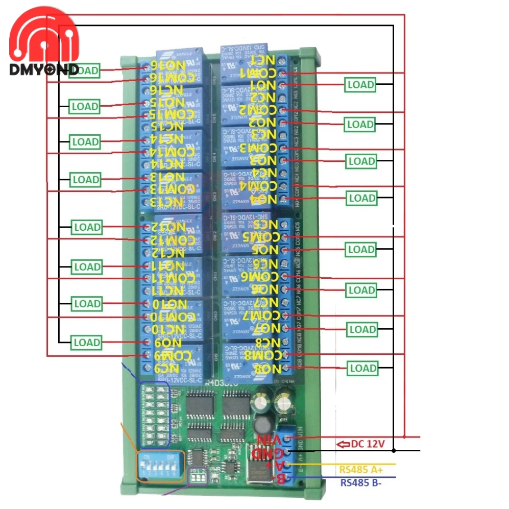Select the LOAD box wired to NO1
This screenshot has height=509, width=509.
click(360, 84)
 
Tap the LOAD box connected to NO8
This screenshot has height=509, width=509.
click(362, 368)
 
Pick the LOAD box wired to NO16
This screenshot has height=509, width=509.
click(85, 70)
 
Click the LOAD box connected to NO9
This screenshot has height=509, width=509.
click(86, 342)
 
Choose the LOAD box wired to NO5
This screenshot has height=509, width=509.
click(361, 250)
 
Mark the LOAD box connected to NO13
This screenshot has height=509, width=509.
click(85, 180)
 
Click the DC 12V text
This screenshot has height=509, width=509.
click(367, 444)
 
